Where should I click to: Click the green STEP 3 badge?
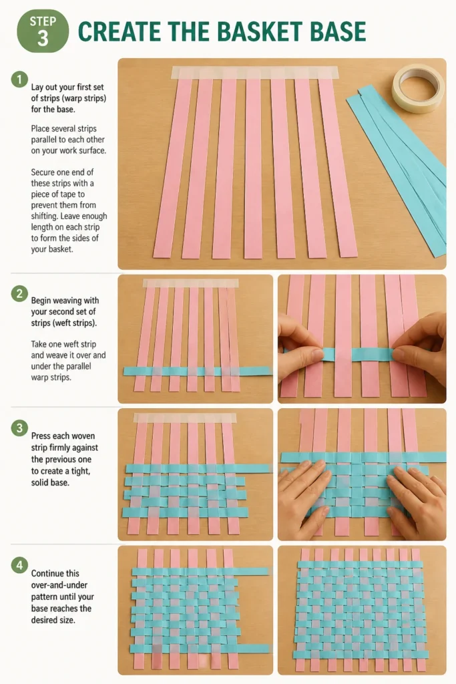[43, 31]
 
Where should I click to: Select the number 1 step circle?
[19, 79]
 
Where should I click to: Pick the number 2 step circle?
[19, 294]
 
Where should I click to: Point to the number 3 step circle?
[19, 428]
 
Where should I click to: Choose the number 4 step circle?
[19, 565]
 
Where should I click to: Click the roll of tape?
[418, 89]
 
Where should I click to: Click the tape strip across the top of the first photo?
[254, 72]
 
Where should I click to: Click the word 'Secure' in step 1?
[44, 172]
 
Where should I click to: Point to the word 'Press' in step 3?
[41, 436]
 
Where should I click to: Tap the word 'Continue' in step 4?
[49, 573]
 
